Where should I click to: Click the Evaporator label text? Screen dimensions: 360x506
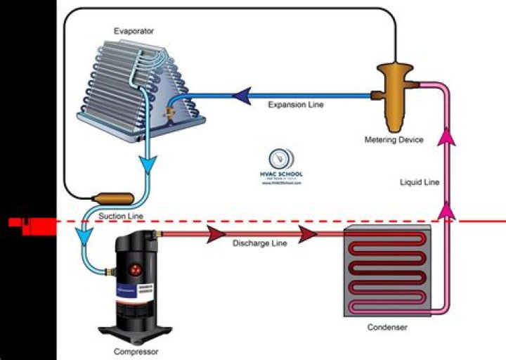tap(134, 32)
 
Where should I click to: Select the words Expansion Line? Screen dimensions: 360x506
tap(296, 105)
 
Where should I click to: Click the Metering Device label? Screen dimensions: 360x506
tap(394, 140)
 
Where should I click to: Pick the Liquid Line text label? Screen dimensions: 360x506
tap(420, 182)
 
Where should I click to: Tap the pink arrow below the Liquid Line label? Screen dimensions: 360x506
tap(446, 209)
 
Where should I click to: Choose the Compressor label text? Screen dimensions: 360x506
tap(136, 351)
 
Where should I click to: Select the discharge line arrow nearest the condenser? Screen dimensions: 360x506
tap(307, 234)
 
